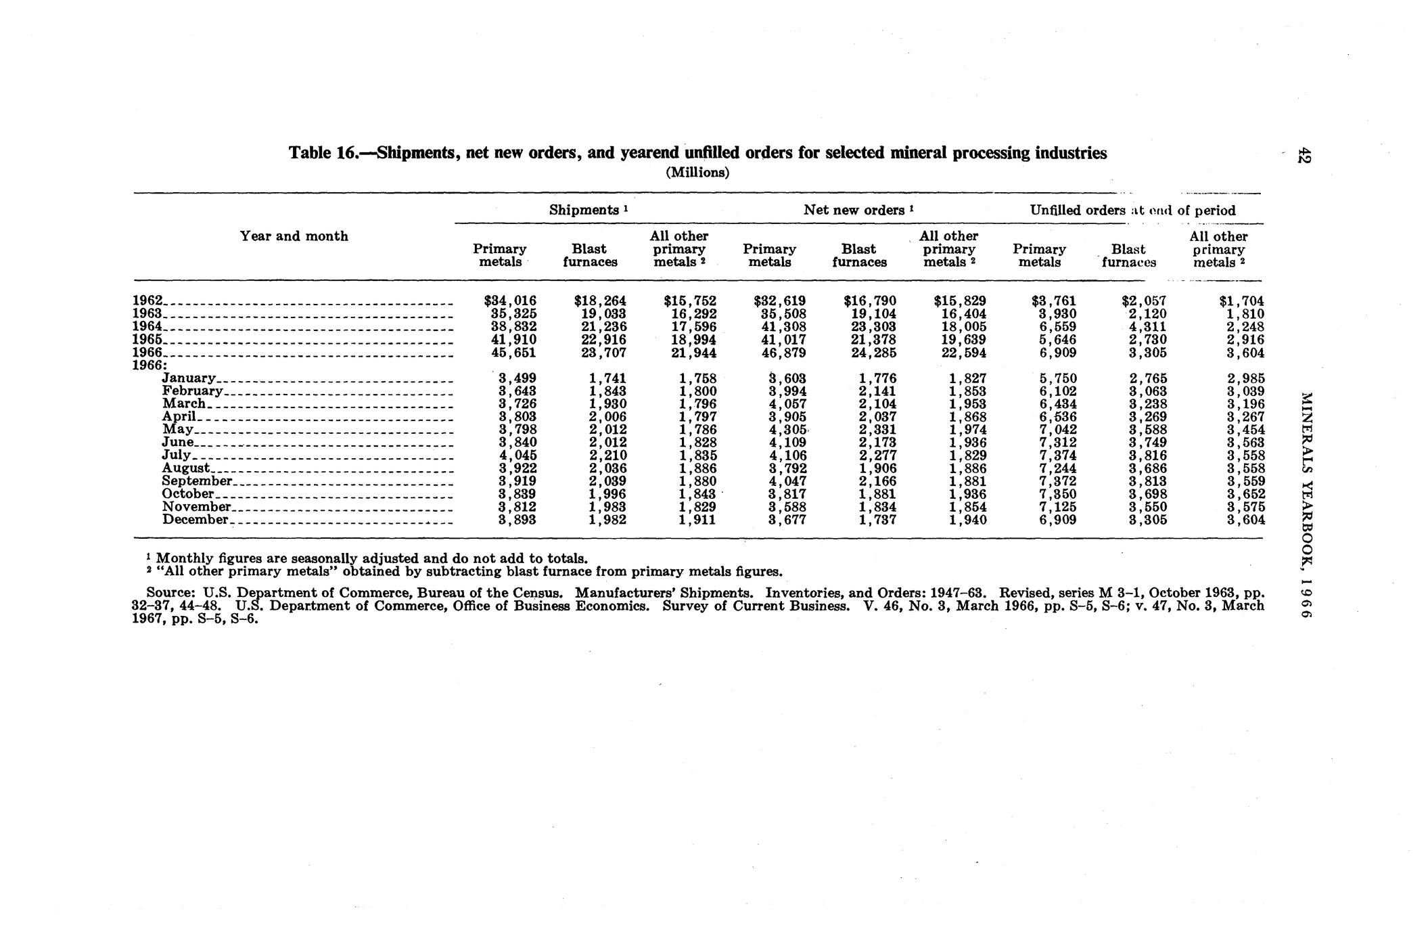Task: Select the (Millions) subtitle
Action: (x=698, y=173)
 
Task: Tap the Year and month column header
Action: (x=294, y=236)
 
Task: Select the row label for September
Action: (x=197, y=481)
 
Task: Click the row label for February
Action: (x=192, y=391)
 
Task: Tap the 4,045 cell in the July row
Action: (x=517, y=455)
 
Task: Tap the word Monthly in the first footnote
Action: (x=182, y=559)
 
